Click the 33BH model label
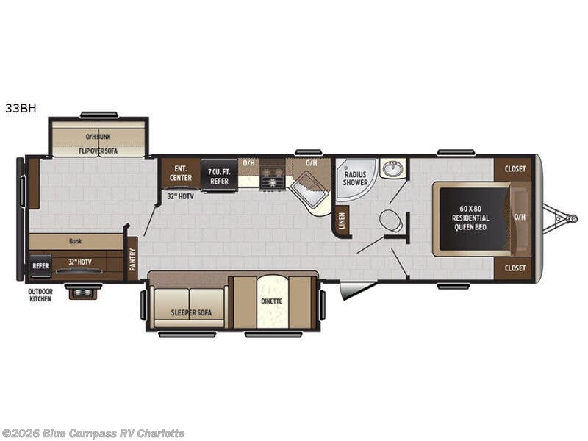click(21, 108)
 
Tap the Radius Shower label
click(355, 179)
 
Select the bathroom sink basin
click(392, 168)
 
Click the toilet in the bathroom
click(391, 220)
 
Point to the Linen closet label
click(342, 221)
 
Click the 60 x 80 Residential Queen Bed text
click(470, 218)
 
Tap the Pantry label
click(132, 259)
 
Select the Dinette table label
click(272, 301)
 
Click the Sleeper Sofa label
click(191, 312)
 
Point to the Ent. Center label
click(181, 173)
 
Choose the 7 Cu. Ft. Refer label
click(219, 176)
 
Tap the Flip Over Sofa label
click(98, 151)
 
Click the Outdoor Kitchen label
click(40, 295)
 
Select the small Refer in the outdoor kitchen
click(40, 266)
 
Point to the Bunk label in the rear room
click(76, 241)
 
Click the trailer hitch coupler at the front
click(573, 218)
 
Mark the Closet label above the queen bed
click(515, 169)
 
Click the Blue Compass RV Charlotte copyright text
click(93, 434)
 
